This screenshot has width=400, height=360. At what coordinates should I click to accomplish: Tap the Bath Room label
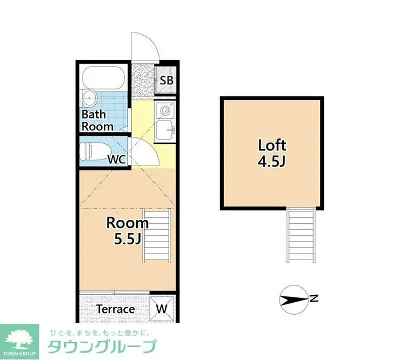pyautogui.click(x=97, y=121)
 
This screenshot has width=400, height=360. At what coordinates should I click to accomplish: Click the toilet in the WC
pyautogui.click(x=95, y=150)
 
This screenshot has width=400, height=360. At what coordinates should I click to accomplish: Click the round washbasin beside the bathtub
pyautogui.click(x=89, y=98)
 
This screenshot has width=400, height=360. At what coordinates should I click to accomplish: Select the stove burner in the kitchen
pyautogui.click(x=164, y=110)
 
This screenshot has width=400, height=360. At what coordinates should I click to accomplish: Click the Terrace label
pyautogui.click(x=115, y=309)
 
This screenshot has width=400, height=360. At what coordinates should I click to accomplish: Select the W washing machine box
pyautogui.click(x=162, y=309)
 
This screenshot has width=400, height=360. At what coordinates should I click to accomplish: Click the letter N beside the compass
pyautogui.click(x=314, y=298)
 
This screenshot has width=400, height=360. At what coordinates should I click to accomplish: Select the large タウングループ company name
pyautogui.click(x=103, y=347)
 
